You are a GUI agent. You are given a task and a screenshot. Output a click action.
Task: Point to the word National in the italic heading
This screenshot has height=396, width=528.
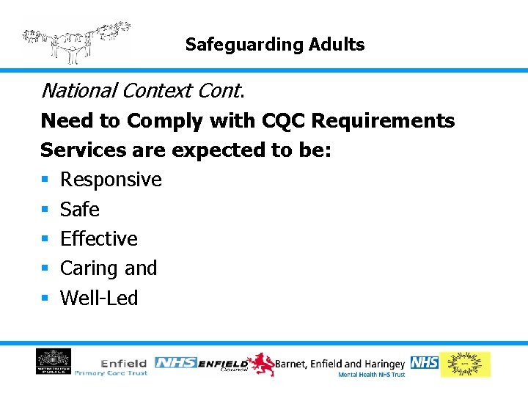pyautogui.click(x=79, y=91)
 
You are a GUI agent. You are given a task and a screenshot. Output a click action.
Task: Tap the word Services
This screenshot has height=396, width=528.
pyautogui.click(x=78, y=150)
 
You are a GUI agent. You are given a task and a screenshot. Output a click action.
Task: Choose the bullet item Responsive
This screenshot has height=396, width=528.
pyautogui.click(x=111, y=180)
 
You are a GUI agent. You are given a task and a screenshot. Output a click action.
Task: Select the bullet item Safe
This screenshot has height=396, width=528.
pyautogui.click(x=79, y=210)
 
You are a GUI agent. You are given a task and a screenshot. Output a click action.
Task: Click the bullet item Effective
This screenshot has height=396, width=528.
pyautogui.click(x=98, y=239)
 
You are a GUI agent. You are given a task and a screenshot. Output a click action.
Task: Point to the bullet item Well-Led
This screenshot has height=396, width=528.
pyautogui.click(x=99, y=298)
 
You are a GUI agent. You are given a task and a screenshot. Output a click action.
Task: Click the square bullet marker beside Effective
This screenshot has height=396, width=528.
pyautogui.click(x=45, y=240)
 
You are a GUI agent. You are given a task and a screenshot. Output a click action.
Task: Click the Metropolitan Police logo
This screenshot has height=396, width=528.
pyautogui.click(x=54, y=362)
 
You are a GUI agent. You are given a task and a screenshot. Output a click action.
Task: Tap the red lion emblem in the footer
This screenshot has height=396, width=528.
pyautogui.click(x=260, y=364)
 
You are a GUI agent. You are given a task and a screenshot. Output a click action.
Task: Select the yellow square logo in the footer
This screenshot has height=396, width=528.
pyautogui.click(x=465, y=364)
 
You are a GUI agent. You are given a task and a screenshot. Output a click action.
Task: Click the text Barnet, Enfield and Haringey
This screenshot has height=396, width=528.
pyautogui.click(x=340, y=363)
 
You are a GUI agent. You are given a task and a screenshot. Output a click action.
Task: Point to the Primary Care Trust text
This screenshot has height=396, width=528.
pyautogui.click(x=111, y=373)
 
